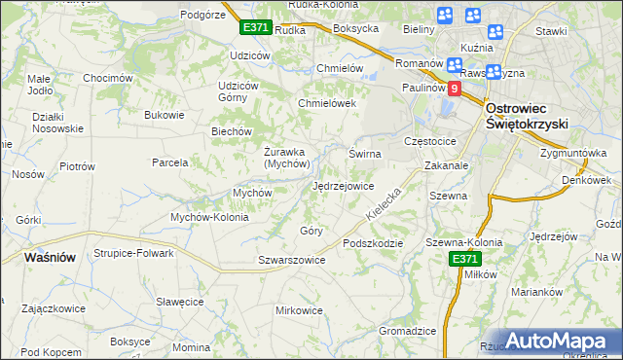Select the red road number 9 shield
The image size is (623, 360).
(454, 88)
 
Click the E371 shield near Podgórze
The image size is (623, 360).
(255, 28)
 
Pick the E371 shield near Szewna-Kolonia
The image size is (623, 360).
(463, 258)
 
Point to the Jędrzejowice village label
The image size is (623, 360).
(343, 186)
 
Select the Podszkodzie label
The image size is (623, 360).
(373, 242)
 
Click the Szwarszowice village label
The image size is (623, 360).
(291, 260)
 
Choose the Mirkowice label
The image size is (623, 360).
(299, 310)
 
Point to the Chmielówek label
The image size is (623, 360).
(328, 103)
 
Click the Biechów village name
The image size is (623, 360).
(232, 131)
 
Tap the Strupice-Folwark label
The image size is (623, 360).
(133, 253)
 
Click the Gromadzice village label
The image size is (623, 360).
(407, 330)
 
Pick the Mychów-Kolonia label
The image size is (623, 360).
(209, 217)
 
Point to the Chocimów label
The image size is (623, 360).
(107, 78)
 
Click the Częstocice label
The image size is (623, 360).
(434, 141)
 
